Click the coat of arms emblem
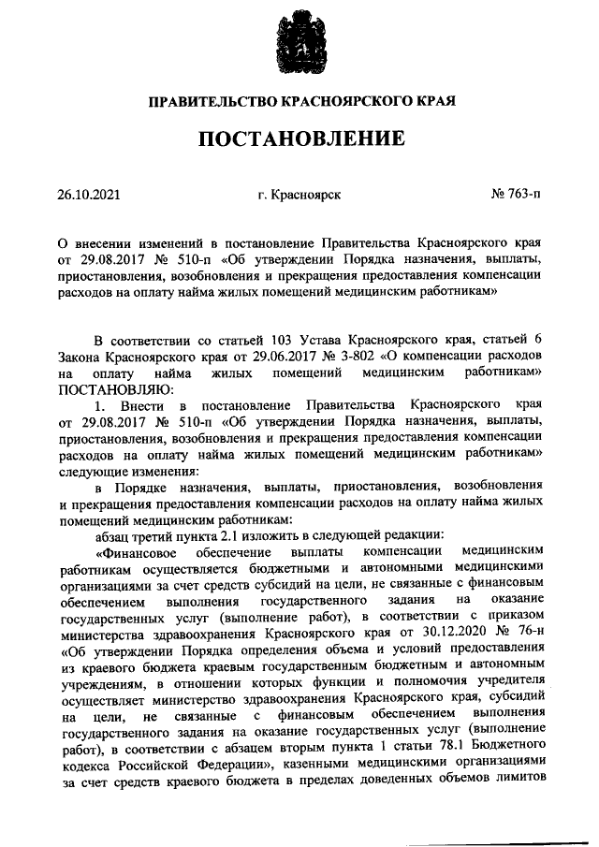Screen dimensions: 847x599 (x=299, y=41)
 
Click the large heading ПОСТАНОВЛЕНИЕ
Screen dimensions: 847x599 (x=299, y=139)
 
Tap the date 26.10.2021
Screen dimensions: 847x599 (x=89, y=197)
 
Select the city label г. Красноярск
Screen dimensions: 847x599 (x=299, y=197)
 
